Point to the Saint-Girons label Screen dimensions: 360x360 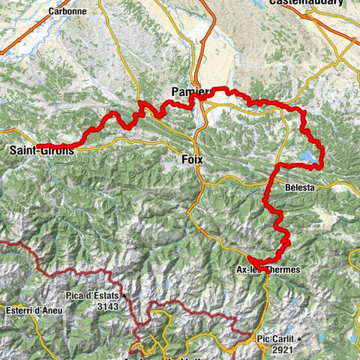point(42,151)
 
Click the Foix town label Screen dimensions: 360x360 point(192,159)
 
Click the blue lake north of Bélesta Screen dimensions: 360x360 point(308,157)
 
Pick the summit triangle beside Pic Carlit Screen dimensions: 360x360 point(298,339)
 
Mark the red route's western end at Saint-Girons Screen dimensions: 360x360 point(37,145)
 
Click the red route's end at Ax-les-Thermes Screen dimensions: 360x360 point(248,260)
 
